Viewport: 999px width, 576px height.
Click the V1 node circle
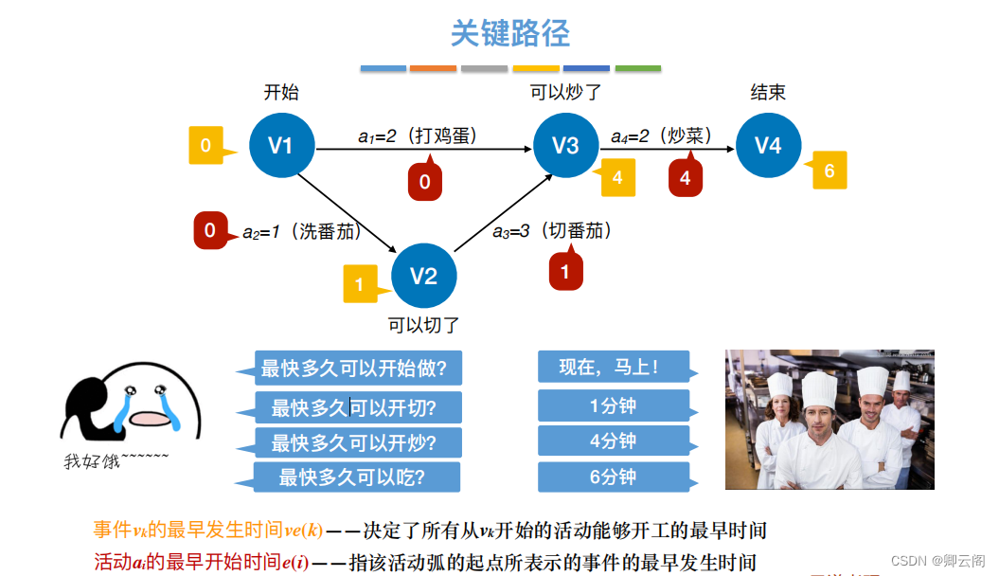point(281,145)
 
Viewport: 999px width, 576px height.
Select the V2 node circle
point(423,276)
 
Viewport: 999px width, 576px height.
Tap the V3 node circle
point(565,145)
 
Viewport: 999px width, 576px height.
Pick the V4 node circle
point(768,145)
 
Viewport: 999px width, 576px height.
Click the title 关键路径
point(509,34)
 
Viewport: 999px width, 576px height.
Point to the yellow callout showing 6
point(829,171)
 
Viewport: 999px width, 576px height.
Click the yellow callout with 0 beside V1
point(206,146)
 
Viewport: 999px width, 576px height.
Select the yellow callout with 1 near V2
point(360,283)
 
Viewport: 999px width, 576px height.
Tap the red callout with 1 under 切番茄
point(565,272)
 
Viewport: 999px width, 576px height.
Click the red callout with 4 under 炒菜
point(685,177)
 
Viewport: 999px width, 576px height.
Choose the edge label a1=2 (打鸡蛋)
point(418,135)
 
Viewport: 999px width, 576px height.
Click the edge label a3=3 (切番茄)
point(552,230)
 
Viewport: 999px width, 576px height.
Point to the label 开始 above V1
point(281,92)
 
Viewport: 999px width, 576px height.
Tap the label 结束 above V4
point(768,92)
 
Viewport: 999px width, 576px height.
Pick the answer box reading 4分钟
point(613,441)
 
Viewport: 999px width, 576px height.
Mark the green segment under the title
point(638,68)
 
